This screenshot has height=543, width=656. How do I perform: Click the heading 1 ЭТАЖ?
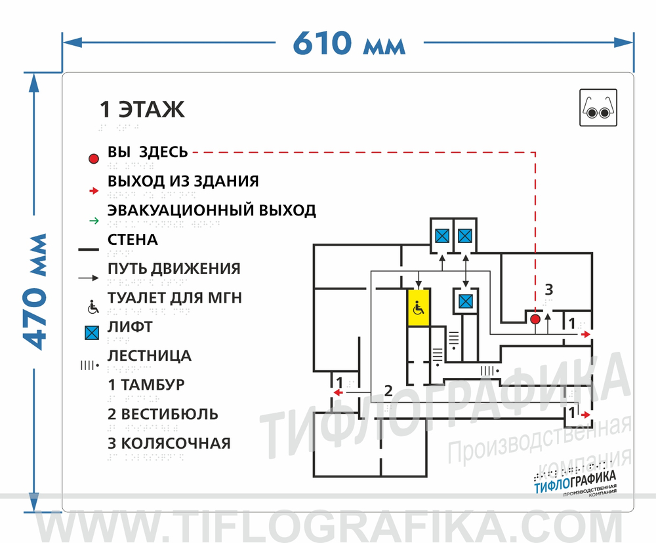click(x=142, y=109)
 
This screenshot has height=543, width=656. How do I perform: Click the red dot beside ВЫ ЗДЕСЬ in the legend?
click(x=94, y=159)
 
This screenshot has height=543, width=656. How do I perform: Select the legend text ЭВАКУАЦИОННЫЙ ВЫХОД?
click(x=211, y=210)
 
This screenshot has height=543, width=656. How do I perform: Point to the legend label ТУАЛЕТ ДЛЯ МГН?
click(x=174, y=298)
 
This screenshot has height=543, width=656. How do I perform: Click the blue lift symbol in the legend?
click(x=92, y=333)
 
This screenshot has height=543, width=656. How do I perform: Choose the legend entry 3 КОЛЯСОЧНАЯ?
click(x=169, y=443)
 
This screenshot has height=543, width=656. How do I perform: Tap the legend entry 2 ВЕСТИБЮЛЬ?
click(x=163, y=414)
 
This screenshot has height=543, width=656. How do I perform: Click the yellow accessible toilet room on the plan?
click(x=418, y=307)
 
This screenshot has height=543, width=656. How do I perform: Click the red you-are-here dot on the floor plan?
click(x=535, y=319)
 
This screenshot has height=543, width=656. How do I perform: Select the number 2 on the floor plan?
click(x=388, y=392)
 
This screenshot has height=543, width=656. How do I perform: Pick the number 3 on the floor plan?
click(x=549, y=289)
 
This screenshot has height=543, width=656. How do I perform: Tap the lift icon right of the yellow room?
click(x=465, y=301)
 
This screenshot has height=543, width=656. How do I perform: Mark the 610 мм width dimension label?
click(x=349, y=43)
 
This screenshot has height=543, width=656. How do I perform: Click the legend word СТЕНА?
click(x=133, y=240)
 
